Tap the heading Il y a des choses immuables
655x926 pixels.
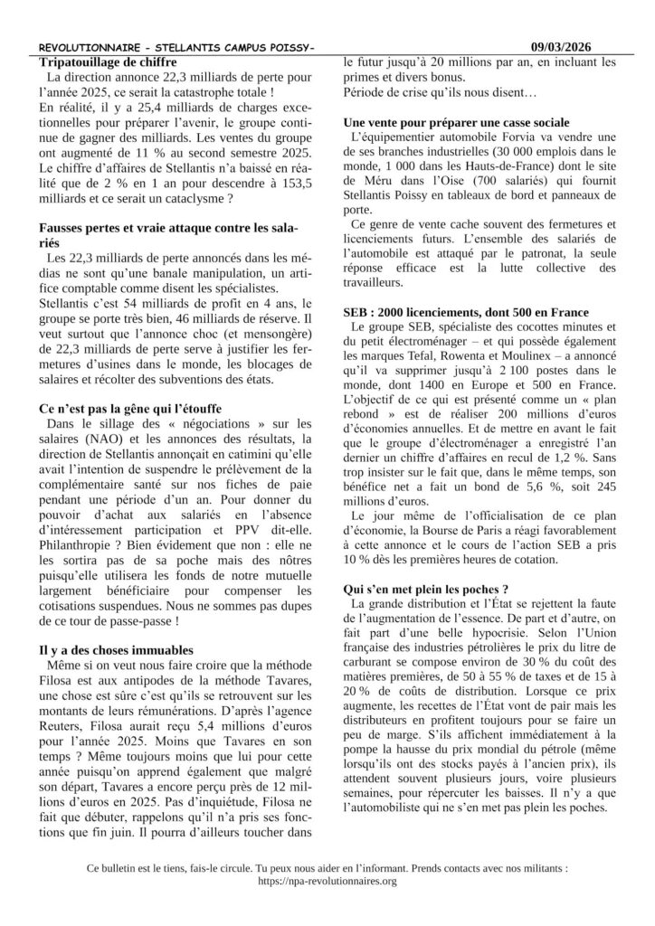click(x=116, y=649)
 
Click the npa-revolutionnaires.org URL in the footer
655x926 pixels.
click(x=327, y=881)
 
